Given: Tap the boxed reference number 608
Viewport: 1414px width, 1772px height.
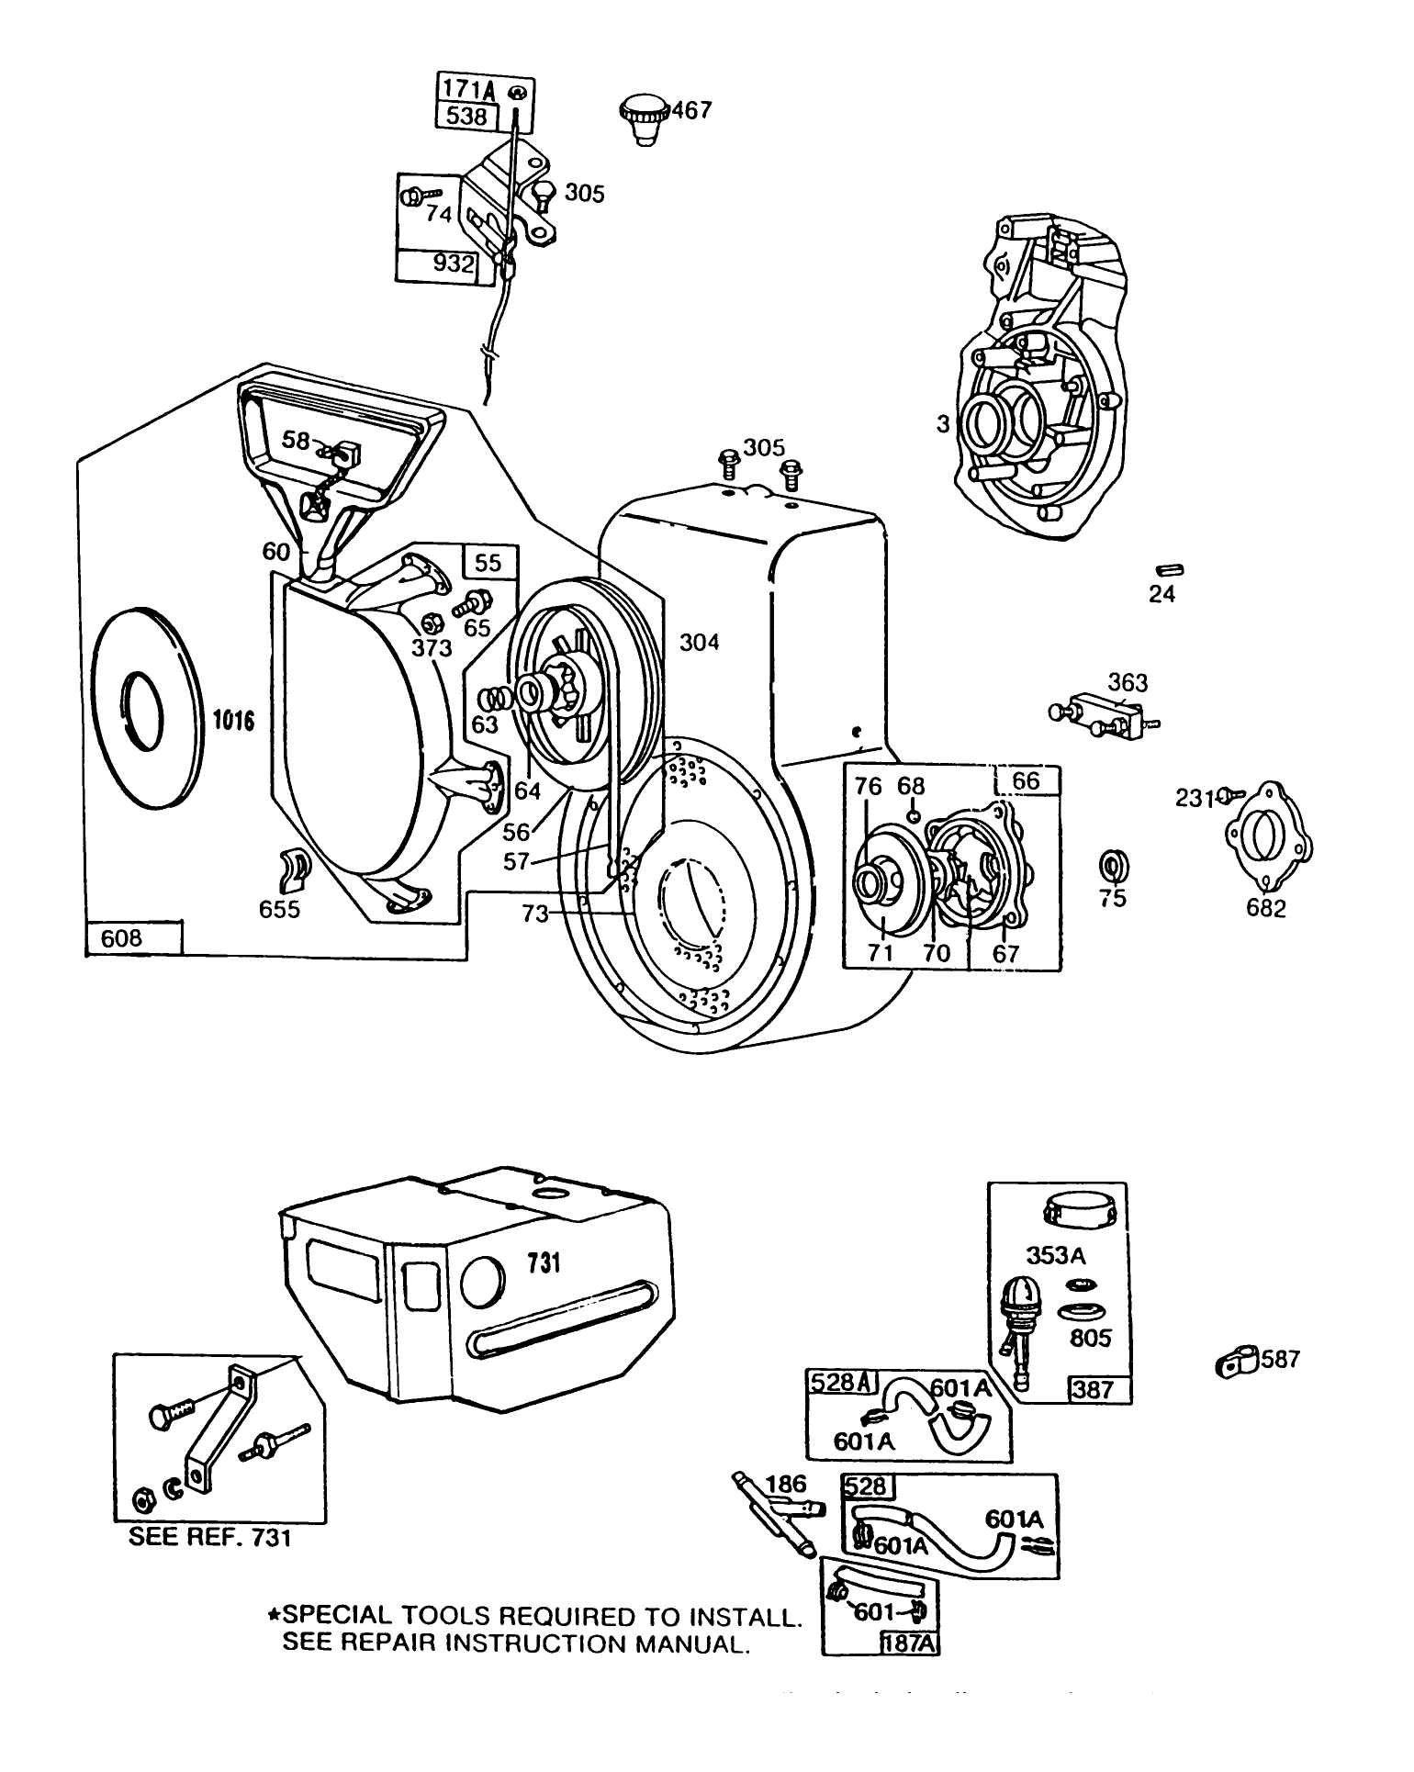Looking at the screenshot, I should tap(123, 937).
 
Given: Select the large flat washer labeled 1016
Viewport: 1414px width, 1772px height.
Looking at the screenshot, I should tap(147, 707).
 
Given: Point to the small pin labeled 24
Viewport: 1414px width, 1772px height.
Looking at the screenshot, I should tap(1172, 571).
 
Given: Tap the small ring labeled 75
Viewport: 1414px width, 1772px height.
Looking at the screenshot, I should tap(1114, 866).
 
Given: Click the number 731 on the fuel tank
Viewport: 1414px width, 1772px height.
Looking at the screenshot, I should tap(543, 1263).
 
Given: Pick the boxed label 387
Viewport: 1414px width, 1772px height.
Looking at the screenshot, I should tap(1093, 1389).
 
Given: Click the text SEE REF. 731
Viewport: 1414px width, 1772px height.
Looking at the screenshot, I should tap(209, 1537).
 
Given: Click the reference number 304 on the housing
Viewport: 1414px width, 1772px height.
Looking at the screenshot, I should tap(699, 642).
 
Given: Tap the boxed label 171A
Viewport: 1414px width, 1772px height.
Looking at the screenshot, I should tap(469, 89).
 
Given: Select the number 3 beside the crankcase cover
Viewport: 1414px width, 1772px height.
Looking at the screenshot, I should tap(942, 424).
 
